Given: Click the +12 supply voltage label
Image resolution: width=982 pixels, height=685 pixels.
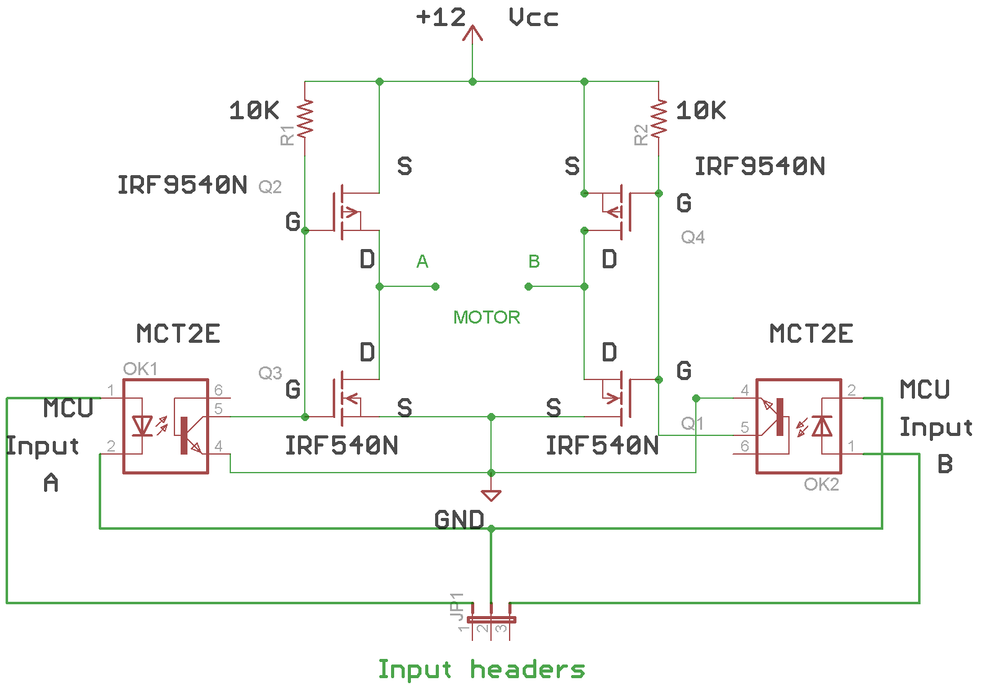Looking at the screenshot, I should [441, 17].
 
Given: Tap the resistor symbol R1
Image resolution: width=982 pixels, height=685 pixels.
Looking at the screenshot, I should [305, 119].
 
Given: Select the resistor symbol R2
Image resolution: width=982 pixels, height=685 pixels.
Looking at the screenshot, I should [659, 119].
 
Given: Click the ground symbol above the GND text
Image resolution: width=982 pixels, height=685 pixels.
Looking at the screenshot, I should [491, 494].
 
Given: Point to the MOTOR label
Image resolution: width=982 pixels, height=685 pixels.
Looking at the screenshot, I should [486, 317].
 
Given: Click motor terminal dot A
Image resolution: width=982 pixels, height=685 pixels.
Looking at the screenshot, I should [435, 286].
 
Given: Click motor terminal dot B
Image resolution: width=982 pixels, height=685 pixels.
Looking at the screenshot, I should [528, 286].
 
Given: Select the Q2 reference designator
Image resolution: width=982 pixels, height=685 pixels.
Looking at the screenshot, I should [270, 186].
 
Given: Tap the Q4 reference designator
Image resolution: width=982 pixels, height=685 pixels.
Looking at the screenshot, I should [693, 237].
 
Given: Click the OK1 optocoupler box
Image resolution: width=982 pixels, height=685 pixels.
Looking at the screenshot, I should [166, 426].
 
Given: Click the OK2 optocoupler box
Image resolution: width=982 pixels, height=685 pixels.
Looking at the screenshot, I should [798, 426].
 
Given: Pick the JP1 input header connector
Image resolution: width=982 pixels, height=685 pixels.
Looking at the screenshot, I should [491, 619].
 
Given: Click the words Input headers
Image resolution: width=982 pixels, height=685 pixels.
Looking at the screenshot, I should [481, 669].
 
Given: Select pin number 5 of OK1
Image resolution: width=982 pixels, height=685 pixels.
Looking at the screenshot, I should [218, 409].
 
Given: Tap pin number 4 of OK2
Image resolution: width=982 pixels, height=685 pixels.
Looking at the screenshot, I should [745, 391].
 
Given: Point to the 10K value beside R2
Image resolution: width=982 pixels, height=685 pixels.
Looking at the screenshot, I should [701, 111].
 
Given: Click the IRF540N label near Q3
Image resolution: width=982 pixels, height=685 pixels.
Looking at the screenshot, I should [341, 445].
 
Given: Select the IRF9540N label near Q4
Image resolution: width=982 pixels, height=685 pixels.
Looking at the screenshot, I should [760, 166].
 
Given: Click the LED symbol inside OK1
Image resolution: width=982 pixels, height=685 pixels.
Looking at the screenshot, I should [143, 426].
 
